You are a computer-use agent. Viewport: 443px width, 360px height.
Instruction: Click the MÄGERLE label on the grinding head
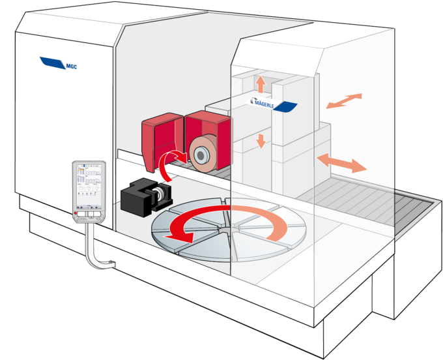pos(268,102)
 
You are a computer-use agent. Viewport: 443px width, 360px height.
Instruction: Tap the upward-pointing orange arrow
pos(261,84)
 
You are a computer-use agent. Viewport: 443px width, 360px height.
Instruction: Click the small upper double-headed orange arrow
pos(343,101)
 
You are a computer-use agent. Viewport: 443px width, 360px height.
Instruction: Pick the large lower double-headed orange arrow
pos(340,162)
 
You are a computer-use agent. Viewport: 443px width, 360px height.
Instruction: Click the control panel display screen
pos(89,185)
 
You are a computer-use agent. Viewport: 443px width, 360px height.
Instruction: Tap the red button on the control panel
pos(78,213)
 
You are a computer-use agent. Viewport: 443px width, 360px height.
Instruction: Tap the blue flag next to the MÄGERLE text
pos(287,106)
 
